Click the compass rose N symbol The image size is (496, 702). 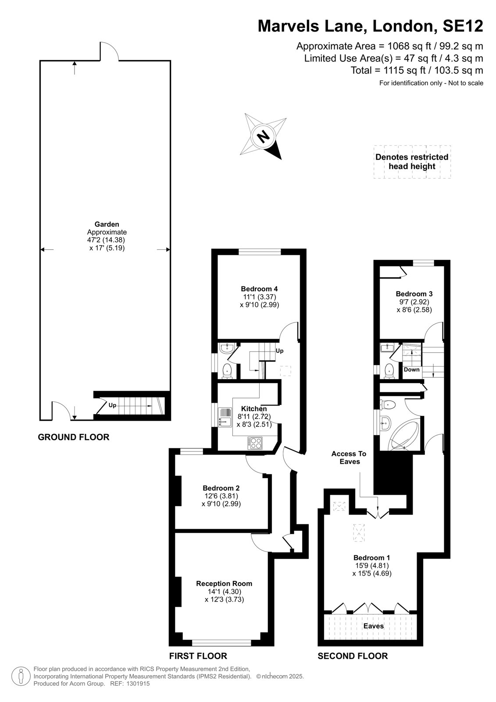point(263,136)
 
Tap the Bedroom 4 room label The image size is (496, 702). point(259,289)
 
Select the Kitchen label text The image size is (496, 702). point(254,408)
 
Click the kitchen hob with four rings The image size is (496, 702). point(255,443)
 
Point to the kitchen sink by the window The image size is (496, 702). point(225,417)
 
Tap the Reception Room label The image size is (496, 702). point(224,583)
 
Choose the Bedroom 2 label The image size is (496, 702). point(221,487)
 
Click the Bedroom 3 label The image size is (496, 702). point(414,294)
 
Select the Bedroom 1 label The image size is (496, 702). point(371,558)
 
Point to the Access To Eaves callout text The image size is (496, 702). point(349,457)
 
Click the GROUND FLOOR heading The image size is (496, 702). point(74,437)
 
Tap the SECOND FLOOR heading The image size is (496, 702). point(353,655)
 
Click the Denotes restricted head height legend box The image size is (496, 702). point(412,162)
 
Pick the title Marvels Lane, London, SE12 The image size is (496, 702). point(370,26)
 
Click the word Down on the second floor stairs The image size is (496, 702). point(411,369)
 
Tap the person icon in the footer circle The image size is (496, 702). point(21,676)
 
